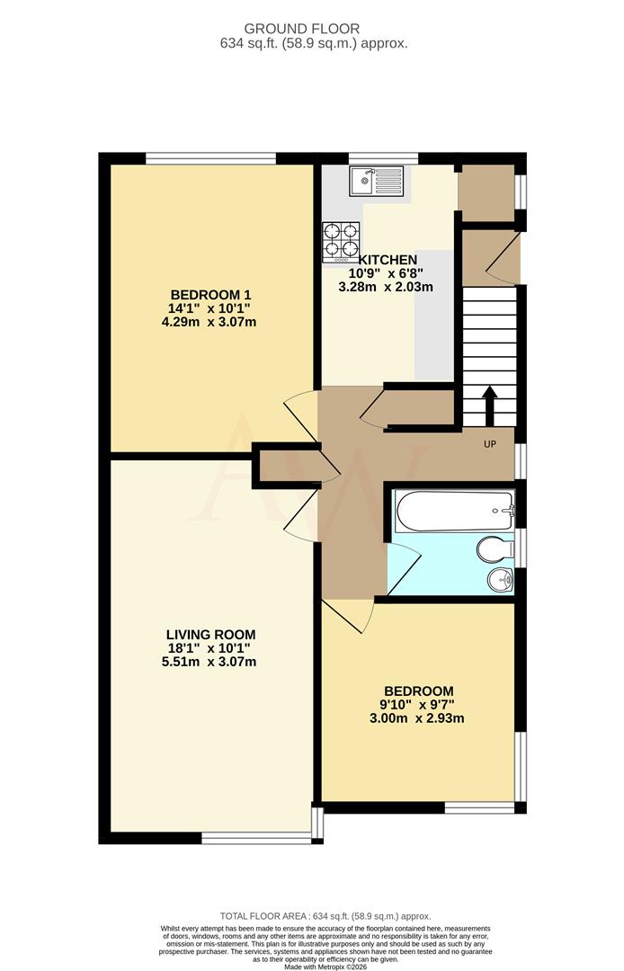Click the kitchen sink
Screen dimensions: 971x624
point(378,183)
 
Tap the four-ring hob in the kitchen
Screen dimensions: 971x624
point(341,242)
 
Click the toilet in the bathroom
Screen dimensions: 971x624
point(495,549)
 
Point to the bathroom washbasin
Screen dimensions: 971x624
point(500,581)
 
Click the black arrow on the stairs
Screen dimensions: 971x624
point(490,406)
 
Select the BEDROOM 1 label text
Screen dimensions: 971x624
point(210,294)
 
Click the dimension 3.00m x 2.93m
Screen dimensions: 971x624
point(417,718)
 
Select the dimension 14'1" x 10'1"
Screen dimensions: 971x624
point(210,308)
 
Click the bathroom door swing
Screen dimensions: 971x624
point(406,564)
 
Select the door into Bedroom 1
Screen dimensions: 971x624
point(302,419)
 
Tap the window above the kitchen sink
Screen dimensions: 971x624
point(377,158)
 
